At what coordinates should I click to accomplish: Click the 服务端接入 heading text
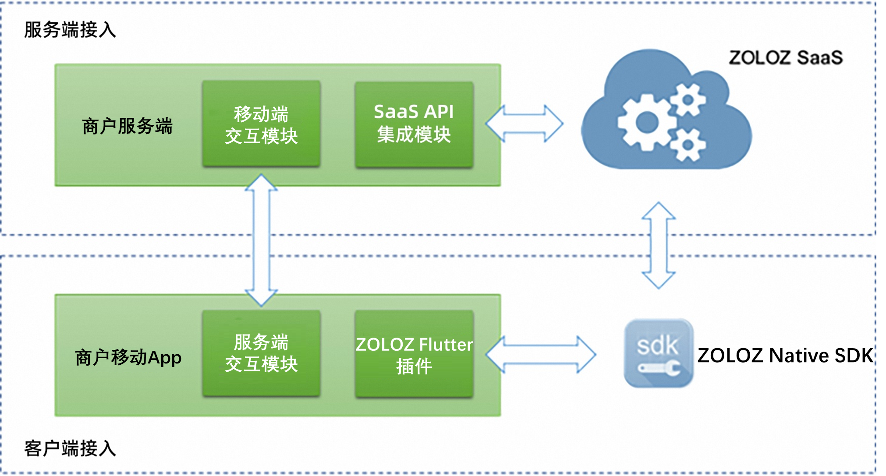point(70,30)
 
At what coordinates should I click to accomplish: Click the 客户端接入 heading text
point(70,448)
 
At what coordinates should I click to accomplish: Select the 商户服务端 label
point(127,126)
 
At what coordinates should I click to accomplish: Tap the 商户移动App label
point(128,357)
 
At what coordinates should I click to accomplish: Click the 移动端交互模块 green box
point(261,124)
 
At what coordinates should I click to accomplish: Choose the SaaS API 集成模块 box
point(414,124)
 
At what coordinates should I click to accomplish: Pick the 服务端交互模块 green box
point(261,353)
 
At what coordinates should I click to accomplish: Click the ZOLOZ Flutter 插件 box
point(414,354)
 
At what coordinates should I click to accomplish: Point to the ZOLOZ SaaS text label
point(786,58)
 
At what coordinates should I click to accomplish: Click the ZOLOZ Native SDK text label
point(785,356)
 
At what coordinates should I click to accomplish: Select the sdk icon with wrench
point(658,353)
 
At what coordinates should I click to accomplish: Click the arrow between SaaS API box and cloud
point(525,123)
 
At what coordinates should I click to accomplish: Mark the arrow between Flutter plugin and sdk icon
point(541,354)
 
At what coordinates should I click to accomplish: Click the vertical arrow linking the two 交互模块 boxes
point(261,240)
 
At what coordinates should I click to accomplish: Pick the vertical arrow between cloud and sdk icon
point(659,245)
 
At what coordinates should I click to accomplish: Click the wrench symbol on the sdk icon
point(659,368)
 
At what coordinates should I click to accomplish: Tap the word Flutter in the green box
point(446,345)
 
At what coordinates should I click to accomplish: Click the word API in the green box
point(439,112)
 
